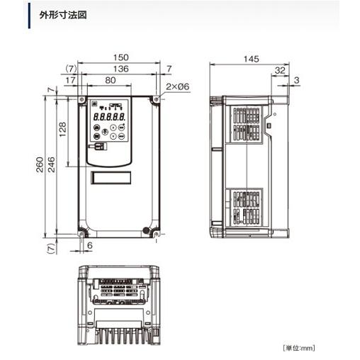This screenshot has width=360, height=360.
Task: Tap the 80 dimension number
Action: (x=110, y=80)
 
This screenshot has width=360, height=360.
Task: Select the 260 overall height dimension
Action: (x=40, y=167)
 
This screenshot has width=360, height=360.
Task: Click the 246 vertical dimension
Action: (x=51, y=167)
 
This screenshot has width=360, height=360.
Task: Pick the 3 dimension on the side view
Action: (x=296, y=80)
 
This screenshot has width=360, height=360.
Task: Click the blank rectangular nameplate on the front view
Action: (x=111, y=178)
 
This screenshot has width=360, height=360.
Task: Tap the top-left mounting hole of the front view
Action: (x=83, y=100)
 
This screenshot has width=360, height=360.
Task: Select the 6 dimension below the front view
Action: (x=89, y=244)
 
